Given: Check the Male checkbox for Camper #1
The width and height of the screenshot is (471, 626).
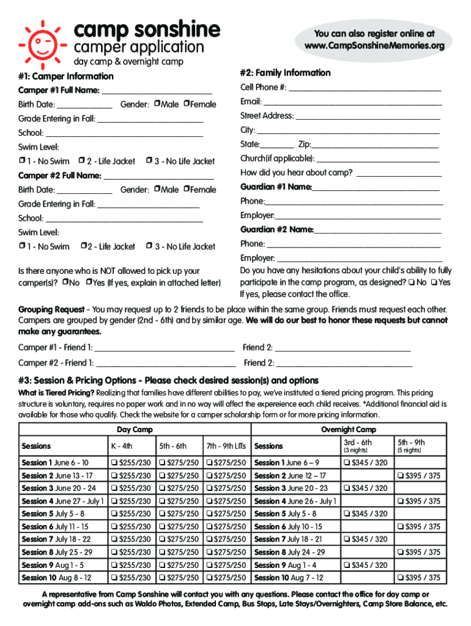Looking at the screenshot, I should (157, 104).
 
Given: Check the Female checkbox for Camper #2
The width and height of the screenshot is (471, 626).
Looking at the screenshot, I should (187, 190).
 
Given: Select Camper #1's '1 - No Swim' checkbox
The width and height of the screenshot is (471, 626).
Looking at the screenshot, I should (22, 161).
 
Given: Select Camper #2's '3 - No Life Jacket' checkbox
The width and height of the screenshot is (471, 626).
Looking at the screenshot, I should (149, 246).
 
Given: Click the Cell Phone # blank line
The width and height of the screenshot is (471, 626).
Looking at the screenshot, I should (365, 90).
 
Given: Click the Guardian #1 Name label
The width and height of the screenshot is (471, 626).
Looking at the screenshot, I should (276, 187).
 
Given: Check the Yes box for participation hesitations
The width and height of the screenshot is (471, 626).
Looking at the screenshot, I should (433, 282).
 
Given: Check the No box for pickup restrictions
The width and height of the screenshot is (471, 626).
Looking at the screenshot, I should (65, 282).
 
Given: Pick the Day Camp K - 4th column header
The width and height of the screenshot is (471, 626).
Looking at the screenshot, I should (121, 446).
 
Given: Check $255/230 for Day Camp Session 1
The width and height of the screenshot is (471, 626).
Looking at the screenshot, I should (114, 463).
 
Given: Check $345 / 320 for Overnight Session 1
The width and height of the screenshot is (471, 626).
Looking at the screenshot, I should (347, 463).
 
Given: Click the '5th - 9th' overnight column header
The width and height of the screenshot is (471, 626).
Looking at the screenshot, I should (411, 443).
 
